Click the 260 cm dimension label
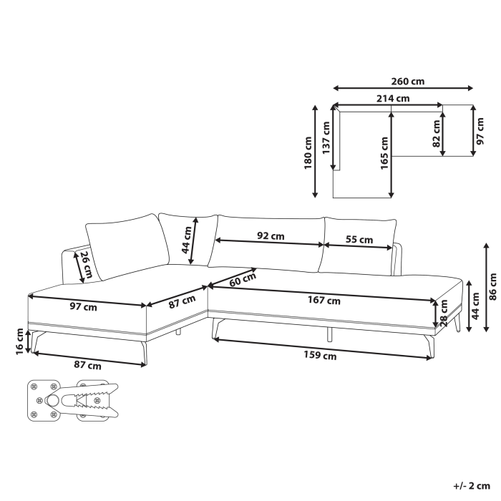(x=408, y=82)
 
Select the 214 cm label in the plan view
(x=394, y=99)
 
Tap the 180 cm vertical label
(x=307, y=152)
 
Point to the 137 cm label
(x=326, y=137)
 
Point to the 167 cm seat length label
(x=324, y=301)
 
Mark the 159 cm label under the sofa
(x=319, y=354)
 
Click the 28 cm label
(x=444, y=315)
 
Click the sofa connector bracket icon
(x=72, y=400)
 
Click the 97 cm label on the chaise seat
(x=84, y=307)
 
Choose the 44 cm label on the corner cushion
(x=186, y=240)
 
